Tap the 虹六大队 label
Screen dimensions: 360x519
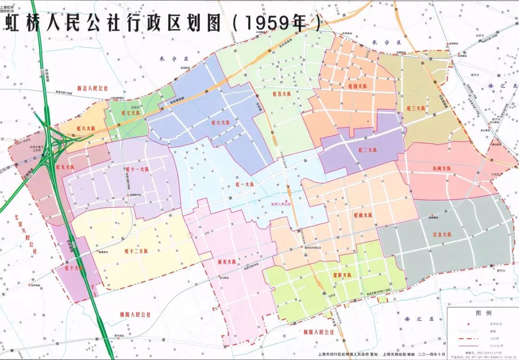(221, 123)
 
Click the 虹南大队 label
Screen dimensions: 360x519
(363, 215)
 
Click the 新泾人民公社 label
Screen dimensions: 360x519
(93, 88)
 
